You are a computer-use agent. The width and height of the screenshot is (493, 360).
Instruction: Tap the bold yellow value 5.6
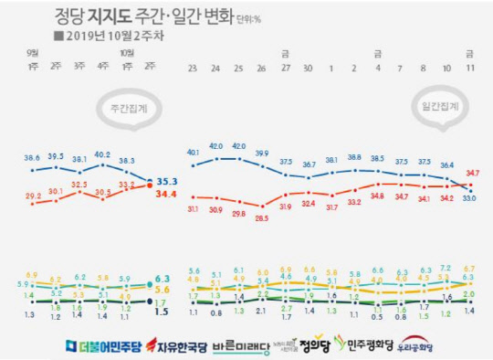[x=163, y=290]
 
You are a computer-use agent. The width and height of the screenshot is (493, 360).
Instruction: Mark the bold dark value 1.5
[x=162, y=312]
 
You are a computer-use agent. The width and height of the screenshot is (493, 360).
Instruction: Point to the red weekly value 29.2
[x=33, y=196]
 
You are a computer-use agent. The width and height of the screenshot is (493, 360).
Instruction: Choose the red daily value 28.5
[x=263, y=218]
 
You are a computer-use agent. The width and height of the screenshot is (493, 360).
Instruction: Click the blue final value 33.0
[x=469, y=197]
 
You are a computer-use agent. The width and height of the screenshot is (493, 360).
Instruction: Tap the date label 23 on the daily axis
[x=193, y=69]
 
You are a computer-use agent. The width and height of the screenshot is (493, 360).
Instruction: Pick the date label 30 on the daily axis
[x=309, y=69]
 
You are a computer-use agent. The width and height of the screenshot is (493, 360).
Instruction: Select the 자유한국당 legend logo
[x=171, y=345]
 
